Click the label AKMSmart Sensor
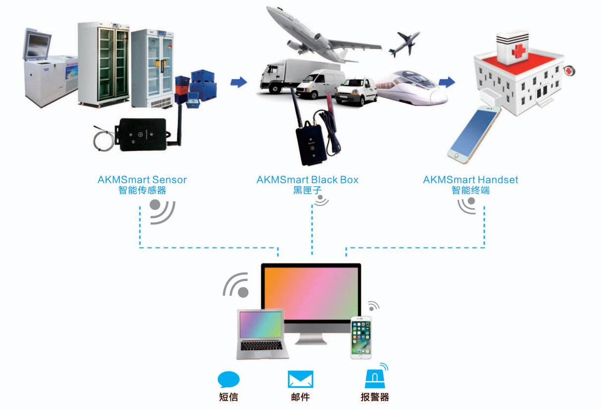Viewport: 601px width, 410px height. (142, 179)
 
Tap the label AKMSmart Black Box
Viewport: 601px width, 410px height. (307, 179)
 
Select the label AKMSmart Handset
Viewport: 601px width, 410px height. (470, 179)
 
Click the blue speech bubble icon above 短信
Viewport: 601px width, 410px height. (228, 380)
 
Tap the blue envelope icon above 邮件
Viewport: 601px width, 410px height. (300, 380)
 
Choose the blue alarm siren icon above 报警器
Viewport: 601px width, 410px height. (375, 379)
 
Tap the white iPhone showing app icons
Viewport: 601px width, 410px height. (361, 337)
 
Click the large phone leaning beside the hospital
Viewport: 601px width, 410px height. (473, 134)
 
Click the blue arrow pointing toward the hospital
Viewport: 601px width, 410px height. (447, 82)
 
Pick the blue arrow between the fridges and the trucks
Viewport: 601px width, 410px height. (239, 82)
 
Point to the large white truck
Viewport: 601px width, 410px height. (280, 77)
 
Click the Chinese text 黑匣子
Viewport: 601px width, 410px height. (307, 190)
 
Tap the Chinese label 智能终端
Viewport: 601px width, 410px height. (470, 190)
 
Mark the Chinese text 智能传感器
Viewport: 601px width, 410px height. (142, 190)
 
